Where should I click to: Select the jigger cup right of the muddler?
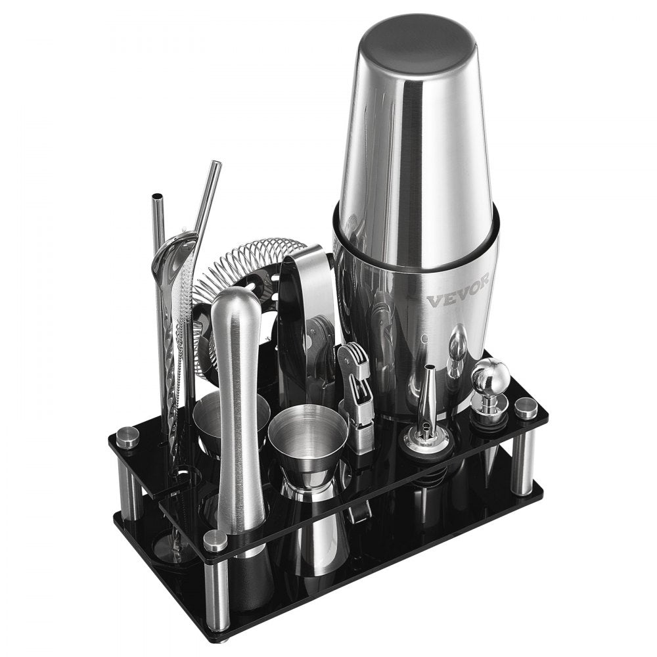pos(307,430)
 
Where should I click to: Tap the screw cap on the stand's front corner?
pos(215,540)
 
